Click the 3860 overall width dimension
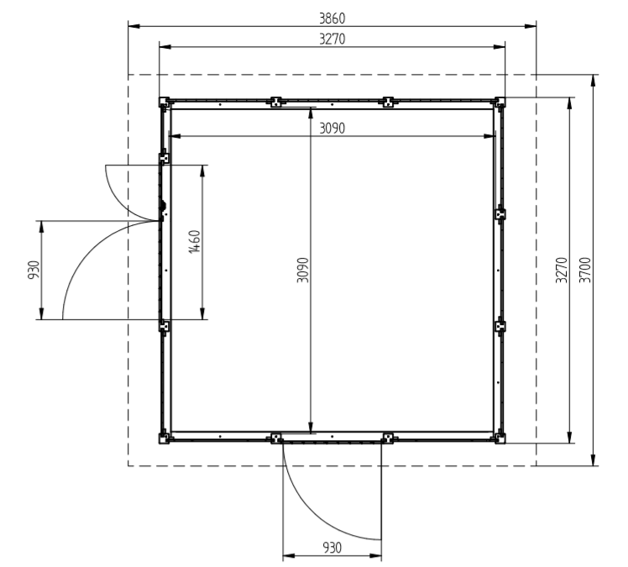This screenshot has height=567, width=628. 332,18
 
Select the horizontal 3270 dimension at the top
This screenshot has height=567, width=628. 332,39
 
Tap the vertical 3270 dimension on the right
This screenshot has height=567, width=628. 562,270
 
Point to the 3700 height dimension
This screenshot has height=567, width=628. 585,270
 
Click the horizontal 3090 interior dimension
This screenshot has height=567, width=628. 332,129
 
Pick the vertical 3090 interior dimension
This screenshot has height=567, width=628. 303,270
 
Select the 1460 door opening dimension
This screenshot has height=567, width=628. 194,242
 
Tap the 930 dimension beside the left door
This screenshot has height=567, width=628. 34,270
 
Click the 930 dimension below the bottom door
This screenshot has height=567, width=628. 332,548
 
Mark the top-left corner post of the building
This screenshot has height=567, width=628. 165,102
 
